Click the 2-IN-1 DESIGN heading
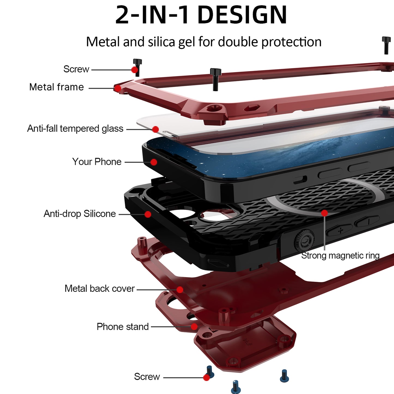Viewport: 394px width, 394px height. pos(201,15)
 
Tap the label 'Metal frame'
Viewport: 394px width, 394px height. pos(57,87)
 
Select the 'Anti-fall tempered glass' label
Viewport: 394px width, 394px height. pos(75,129)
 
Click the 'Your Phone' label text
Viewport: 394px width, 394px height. pos(97,162)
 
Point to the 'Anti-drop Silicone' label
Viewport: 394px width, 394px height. pos(80,214)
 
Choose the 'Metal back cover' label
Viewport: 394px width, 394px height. pos(100,289)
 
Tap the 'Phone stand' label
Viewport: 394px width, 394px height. pos(123,327)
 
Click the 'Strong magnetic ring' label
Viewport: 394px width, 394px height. pos(340,256)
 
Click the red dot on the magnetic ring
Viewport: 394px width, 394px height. pos(324,213)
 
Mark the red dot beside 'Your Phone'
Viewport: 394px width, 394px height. pos(154,162)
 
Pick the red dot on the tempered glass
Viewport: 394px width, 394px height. pos(156,130)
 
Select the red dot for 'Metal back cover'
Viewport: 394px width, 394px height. pos(180,290)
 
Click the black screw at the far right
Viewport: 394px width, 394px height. pos(386,45)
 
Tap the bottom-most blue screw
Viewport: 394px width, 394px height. pos(236,387)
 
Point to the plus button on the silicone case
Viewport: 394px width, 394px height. pos(341,231)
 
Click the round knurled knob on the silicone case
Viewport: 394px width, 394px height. pos(304,240)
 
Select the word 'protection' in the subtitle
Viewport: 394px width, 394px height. pos(291,42)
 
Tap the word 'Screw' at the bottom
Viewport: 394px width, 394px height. pos(147,377)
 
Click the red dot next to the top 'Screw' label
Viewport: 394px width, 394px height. pos(135,70)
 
